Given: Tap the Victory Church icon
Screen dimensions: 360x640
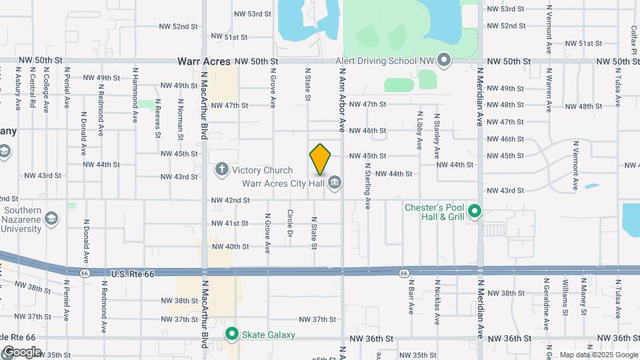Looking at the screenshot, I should tap(222, 170).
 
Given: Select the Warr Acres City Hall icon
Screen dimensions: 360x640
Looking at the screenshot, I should tap(335, 182).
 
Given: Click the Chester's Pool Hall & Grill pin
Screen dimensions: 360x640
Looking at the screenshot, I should tap(475, 213).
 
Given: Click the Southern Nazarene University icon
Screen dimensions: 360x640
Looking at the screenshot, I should tap(51, 218).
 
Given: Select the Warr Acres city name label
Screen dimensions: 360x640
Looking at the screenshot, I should tap(203, 61).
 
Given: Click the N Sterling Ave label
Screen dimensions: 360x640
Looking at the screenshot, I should tap(367, 189).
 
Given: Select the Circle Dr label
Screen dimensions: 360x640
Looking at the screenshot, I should tap(290, 223).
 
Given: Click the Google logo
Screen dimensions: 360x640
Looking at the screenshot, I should tap(21, 352).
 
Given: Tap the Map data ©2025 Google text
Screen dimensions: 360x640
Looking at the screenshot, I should tap(599, 355).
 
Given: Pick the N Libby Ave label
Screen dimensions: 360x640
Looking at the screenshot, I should tap(419, 131).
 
